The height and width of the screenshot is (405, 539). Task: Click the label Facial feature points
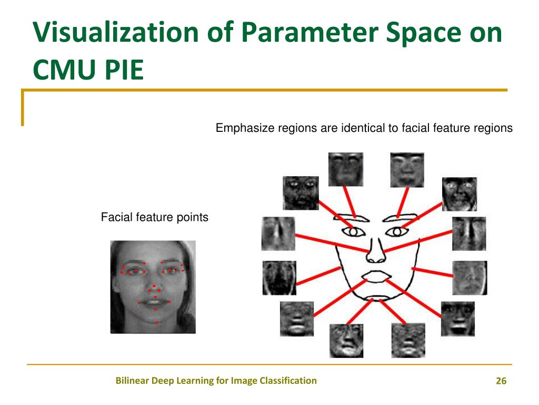pos(155,217)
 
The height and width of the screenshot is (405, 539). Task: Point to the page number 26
pos(501,381)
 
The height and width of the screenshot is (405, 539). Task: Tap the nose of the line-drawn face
pos(376,250)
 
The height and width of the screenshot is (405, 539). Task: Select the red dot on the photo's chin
pos(156,322)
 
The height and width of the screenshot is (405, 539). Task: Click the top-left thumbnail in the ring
pos(346,169)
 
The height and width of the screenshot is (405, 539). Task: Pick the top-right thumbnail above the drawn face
pos(407,169)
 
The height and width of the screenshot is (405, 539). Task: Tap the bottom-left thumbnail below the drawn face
pos(346,340)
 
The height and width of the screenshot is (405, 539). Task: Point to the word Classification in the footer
pos(288,380)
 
